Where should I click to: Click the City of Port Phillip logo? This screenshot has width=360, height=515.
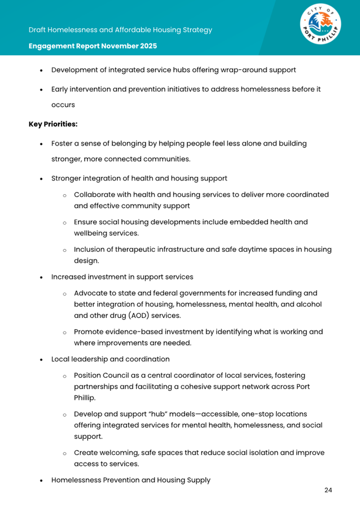coord(319,28)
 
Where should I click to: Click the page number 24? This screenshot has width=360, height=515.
coord(328,490)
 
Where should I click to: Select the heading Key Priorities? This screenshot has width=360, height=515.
coord(53,124)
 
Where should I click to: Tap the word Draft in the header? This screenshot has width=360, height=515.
coord(38,30)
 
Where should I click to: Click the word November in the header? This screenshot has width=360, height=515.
coord(116,46)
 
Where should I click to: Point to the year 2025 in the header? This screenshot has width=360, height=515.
coord(146,46)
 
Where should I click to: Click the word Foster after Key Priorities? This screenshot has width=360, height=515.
coord(63,143)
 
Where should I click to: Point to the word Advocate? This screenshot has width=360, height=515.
coord(91,293)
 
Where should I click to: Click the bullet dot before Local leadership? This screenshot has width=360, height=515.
coord(41,359)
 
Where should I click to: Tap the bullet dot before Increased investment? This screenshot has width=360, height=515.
coord(41,277)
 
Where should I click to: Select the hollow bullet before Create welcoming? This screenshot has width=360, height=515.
coord(65,453)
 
